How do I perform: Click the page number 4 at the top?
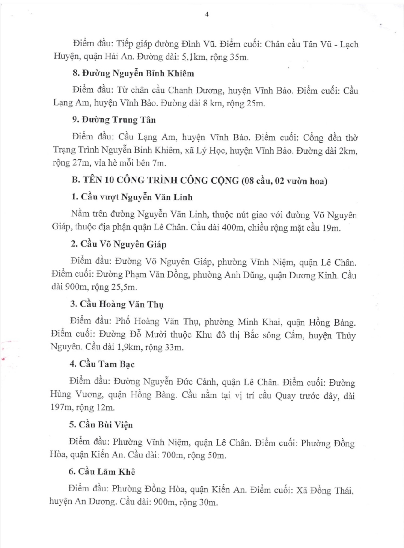207,15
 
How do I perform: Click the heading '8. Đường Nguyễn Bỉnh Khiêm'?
133,73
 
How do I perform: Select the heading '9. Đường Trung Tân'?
113,120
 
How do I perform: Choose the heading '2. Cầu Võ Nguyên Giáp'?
118,244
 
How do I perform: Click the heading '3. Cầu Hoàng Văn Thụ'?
117,304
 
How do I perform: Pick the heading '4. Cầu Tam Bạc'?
102,364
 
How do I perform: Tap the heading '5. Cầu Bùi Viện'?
101,424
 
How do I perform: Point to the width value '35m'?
239,57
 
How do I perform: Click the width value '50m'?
216,455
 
